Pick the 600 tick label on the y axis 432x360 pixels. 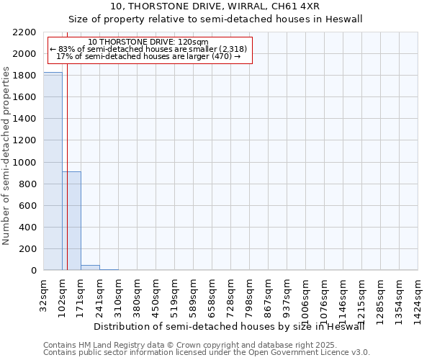(29, 206)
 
